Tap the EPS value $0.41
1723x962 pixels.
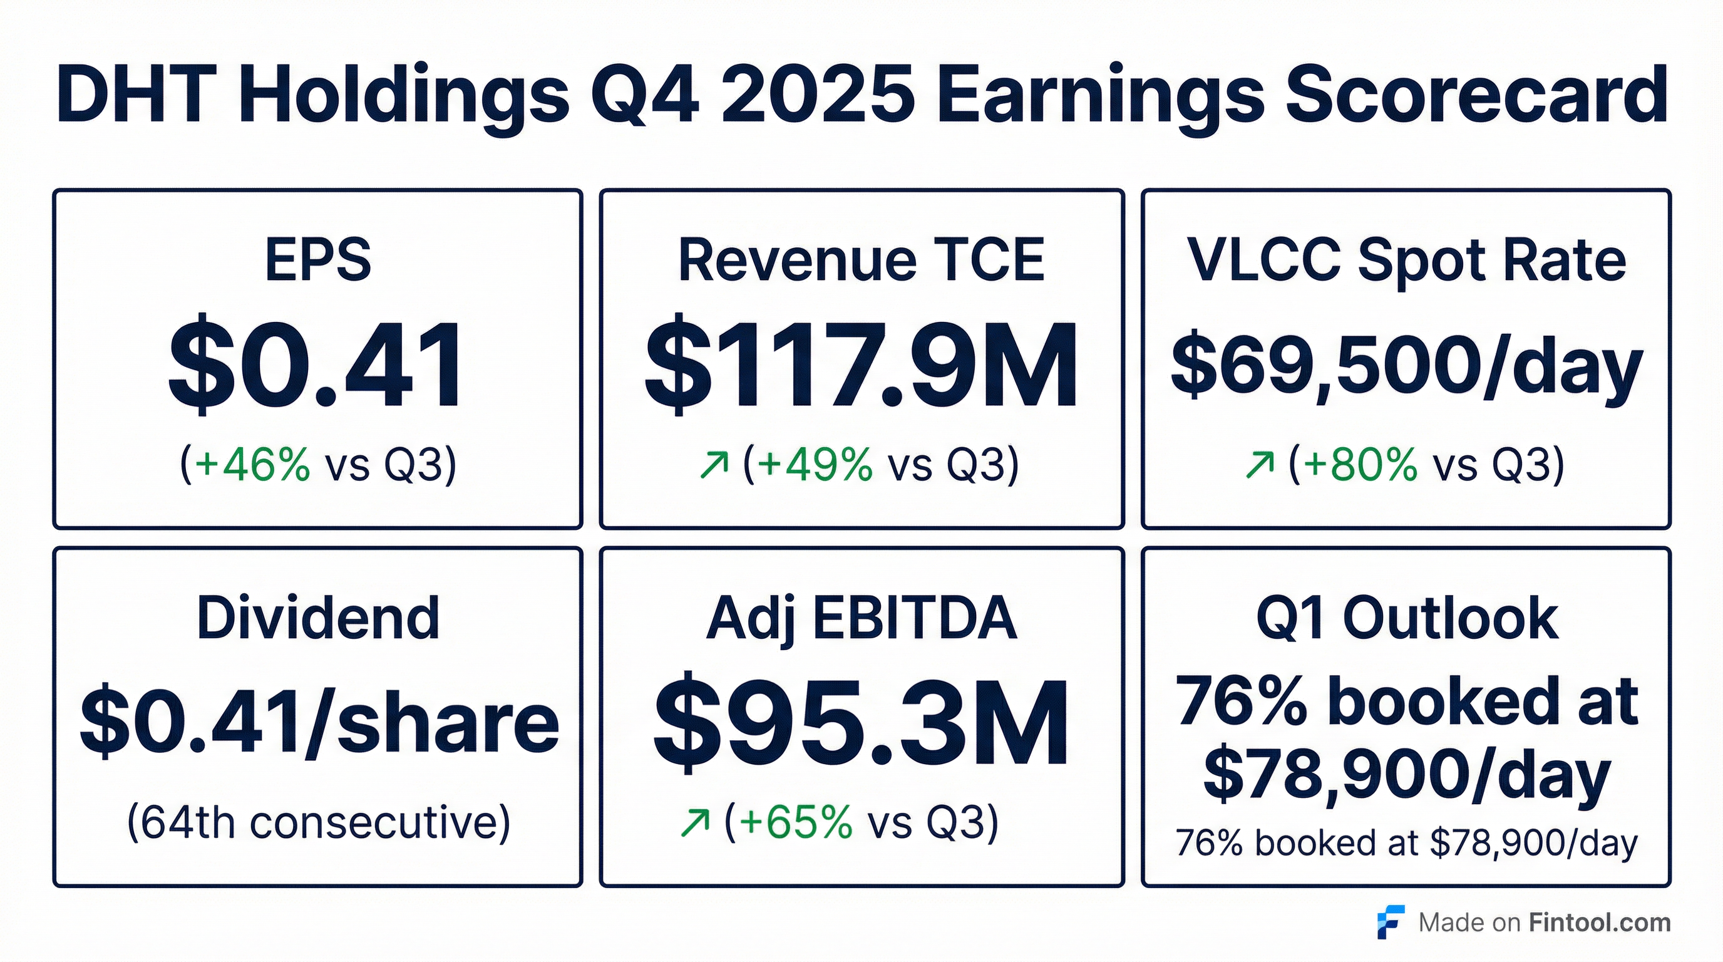click(x=316, y=365)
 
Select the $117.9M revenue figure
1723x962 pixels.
click(x=861, y=365)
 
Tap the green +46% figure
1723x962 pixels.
click(x=252, y=463)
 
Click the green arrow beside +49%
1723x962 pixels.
click(x=714, y=465)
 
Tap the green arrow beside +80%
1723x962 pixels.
click(x=1260, y=465)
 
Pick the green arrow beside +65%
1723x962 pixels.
click(x=694, y=824)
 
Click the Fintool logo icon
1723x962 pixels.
click(x=1390, y=923)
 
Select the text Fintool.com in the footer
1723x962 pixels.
click(x=1600, y=923)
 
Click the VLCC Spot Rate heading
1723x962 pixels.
click(x=1406, y=261)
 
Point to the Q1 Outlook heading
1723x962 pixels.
click(x=1406, y=619)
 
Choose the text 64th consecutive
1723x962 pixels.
click(x=319, y=822)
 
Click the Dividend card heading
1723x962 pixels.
click(x=319, y=619)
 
